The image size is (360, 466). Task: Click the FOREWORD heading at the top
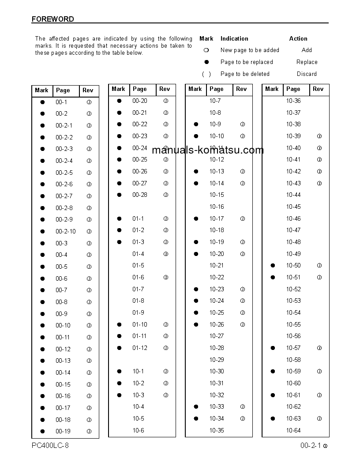pyautogui.click(x=52, y=19)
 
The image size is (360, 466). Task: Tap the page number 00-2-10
pyautogui.click(x=65, y=231)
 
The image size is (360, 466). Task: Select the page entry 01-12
pyautogui.click(x=140, y=348)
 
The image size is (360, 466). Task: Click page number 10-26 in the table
pyautogui.click(x=217, y=324)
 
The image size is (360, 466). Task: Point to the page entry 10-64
pyautogui.click(x=293, y=430)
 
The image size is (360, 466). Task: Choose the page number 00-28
pyautogui.click(x=140, y=195)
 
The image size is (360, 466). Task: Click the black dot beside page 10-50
pyautogui.click(x=273, y=266)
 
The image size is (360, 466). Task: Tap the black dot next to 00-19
pyautogui.click(x=42, y=431)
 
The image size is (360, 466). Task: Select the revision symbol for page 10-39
pyautogui.click(x=319, y=136)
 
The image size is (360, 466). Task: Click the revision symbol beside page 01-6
pyautogui.click(x=166, y=278)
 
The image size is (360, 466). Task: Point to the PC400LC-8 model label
pyautogui.click(x=50, y=445)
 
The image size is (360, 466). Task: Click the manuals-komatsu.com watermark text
pyautogui.click(x=207, y=150)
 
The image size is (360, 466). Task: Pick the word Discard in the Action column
pyautogui.click(x=307, y=74)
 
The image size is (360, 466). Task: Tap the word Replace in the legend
pyautogui.click(x=307, y=62)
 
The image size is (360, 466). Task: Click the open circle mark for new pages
pyautogui.click(x=206, y=50)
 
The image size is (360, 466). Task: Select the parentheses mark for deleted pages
pyautogui.click(x=206, y=74)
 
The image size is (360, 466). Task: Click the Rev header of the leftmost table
pyautogui.click(x=88, y=90)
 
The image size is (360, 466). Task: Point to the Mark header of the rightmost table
pyautogui.click(x=272, y=89)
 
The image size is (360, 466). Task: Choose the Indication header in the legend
pyautogui.click(x=234, y=38)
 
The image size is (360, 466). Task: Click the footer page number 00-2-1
pyautogui.click(x=311, y=446)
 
